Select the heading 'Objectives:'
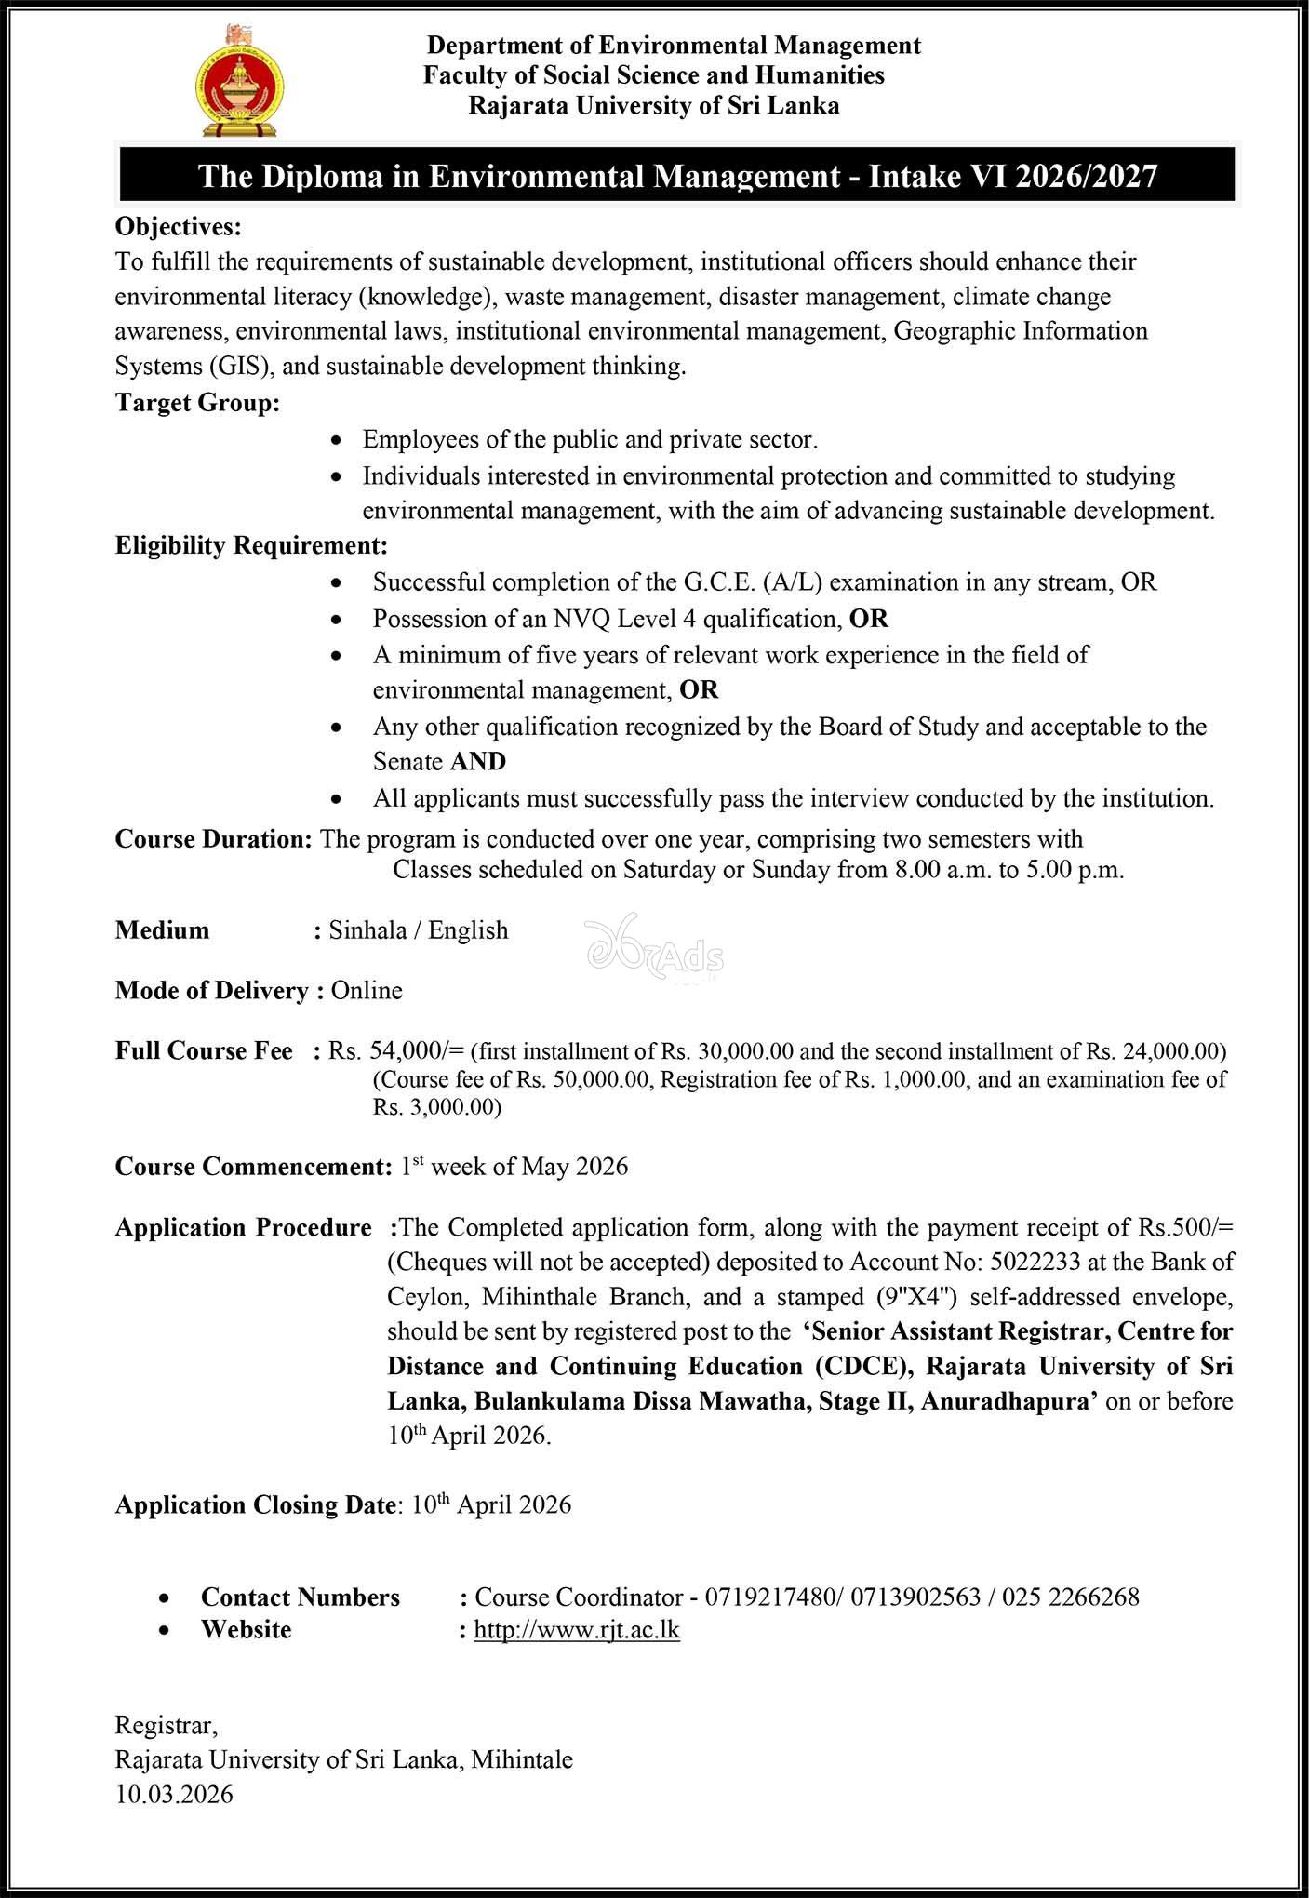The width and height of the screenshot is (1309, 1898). coord(178,226)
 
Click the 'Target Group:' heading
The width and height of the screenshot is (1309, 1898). coord(197,403)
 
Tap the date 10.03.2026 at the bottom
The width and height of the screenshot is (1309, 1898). coord(174,1794)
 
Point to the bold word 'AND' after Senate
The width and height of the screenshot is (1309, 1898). coord(478,761)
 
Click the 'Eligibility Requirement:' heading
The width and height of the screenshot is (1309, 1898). coord(251,545)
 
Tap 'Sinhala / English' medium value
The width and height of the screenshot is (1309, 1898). coord(419,929)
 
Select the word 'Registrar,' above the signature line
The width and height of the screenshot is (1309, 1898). coord(166,1725)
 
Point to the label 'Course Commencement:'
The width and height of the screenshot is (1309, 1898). coord(253,1166)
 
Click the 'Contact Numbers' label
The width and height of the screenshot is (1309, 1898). coord(300,1597)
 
